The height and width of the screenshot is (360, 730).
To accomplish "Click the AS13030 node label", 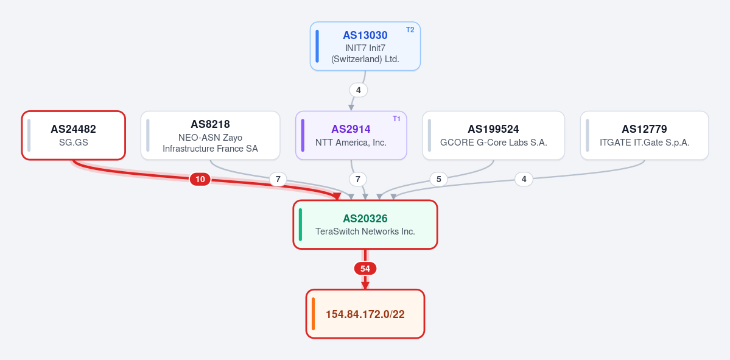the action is pos(365,35).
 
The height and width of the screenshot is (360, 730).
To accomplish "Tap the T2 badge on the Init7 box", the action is pos(410,30).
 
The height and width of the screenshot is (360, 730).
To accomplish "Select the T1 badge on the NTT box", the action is pos(396,119).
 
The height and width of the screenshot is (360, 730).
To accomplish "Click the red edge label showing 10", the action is pos(200,179).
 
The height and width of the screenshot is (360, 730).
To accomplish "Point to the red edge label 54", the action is pos(365,269).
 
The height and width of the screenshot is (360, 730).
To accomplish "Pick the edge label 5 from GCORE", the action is pos(438,179).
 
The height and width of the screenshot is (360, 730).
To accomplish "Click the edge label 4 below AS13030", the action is pos(359,90).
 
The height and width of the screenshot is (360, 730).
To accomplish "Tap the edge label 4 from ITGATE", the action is pos(524,179).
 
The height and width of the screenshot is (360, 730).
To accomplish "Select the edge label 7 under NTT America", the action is pos(358,179).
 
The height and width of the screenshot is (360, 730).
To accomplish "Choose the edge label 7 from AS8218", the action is pos(278,179).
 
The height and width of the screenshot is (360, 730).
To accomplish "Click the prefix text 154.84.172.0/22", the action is pos(365,314).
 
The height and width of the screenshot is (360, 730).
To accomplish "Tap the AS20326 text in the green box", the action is pos(365,219).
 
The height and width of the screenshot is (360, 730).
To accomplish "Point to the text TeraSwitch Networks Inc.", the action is pos(365,231).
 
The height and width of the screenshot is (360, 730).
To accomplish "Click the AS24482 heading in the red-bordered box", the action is pos(73,129).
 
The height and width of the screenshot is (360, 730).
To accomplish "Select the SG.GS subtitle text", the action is pos(73,143).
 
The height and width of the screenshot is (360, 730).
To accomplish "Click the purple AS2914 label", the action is pos(351,129).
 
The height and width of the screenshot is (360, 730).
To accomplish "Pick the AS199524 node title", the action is pos(493,129).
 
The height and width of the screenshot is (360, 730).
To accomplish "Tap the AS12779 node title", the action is pos(644,129).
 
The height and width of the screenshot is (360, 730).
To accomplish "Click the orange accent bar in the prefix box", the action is pos(314,314).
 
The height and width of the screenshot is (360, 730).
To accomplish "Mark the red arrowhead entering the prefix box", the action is pos(365,285).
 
